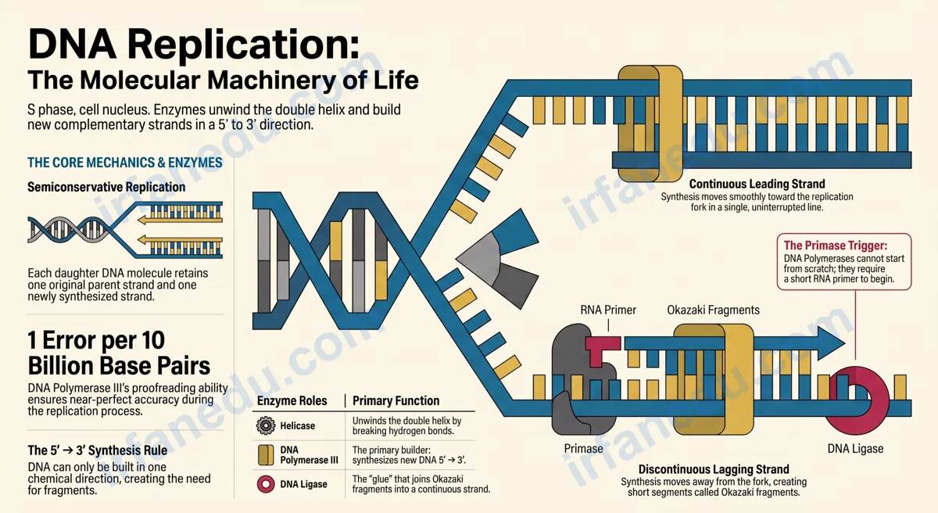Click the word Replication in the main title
[243, 45]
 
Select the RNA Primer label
[608, 310]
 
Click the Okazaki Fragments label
[713, 310]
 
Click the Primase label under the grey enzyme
[583, 449]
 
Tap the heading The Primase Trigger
[836, 246]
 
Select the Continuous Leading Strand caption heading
[757, 185]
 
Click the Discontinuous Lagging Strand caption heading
[714, 469]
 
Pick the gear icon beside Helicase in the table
[266, 425]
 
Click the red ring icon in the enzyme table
[266, 484]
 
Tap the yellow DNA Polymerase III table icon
[266, 455]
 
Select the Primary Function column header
[396, 400]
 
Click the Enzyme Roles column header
[292, 400]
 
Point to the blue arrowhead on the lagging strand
[831, 343]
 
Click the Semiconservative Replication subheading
[106, 187]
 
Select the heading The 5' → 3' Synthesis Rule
[97, 450]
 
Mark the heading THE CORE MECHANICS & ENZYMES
[125, 163]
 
